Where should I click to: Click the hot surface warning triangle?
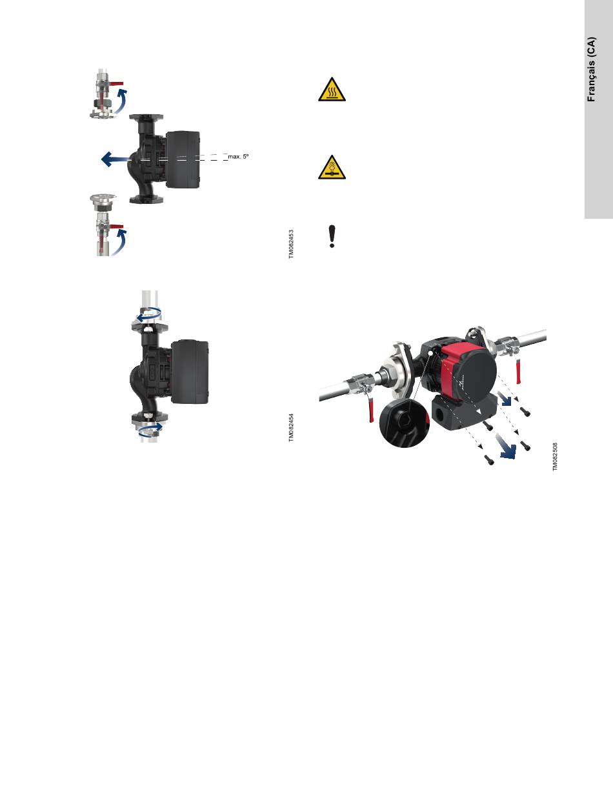332,90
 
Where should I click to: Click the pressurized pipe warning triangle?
332,168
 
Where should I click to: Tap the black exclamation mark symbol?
332,237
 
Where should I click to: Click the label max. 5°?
238,157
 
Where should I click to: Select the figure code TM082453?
291,244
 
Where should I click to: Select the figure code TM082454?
291,428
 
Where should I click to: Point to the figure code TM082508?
555,457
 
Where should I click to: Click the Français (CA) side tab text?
591,69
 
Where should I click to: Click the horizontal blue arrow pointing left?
115,159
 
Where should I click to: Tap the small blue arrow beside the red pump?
505,399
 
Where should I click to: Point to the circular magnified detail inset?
405,423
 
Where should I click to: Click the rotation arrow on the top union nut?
148,315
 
